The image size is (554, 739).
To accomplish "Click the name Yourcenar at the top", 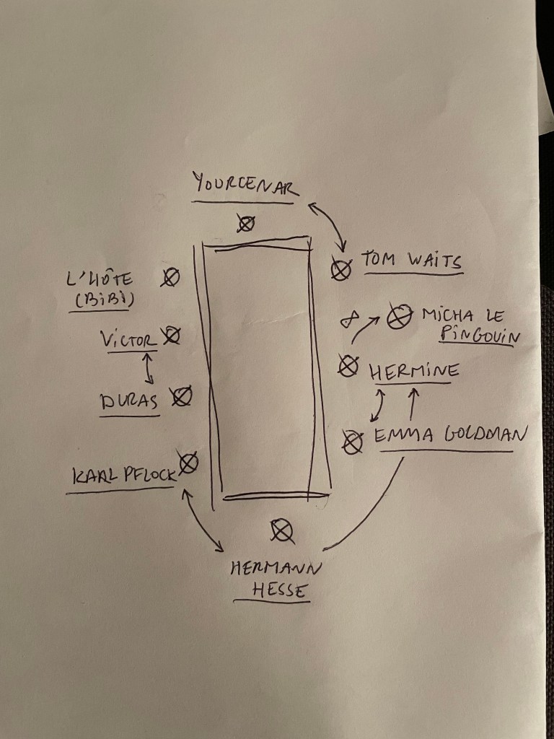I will (x=243, y=184).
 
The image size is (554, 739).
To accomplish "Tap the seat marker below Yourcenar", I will (x=246, y=224).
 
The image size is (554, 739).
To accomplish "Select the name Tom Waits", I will (x=411, y=261).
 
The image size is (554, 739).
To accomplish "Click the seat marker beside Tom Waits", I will (x=341, y=270).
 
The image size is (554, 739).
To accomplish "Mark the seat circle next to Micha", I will (x=396, y=316).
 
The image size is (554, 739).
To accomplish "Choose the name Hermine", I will (x=413, y=372).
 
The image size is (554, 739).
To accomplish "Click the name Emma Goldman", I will (x=449, y=435).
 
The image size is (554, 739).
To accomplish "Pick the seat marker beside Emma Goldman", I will (x=353, y=442).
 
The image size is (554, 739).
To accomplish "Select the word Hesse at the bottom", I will (x=280, y=590).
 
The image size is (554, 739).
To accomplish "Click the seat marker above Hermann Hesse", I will (x=282, y=531).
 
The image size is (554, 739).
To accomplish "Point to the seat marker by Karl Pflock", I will (x=189, y=463).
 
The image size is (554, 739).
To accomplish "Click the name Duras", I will (x=130, y=402).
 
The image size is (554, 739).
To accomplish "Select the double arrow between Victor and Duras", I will (x=149, y=367).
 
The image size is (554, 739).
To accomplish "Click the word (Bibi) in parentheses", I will (x=102, y=300).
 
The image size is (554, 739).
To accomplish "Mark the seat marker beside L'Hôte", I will (x=170, y=277).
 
